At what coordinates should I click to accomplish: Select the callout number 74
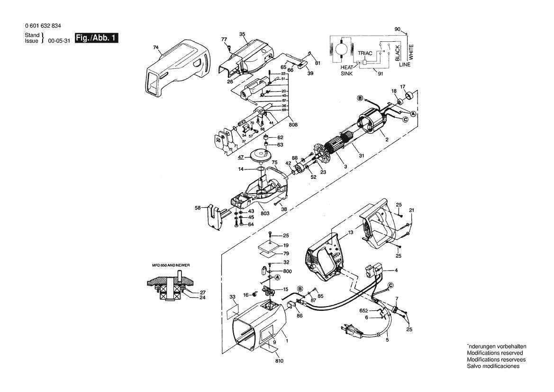tap(155, 47)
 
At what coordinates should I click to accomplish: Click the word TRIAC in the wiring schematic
tap(363, 55)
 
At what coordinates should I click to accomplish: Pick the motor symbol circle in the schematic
tap(341, 50)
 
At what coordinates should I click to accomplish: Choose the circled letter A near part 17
tap(413, 114)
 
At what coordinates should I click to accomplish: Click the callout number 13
tap(350, 233)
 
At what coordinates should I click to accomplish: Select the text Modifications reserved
tap(495, 353)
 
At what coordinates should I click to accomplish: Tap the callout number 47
tap(241, 157)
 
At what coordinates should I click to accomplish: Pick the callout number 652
tap(363, 310)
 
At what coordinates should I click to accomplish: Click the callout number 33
tap(232, 297)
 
